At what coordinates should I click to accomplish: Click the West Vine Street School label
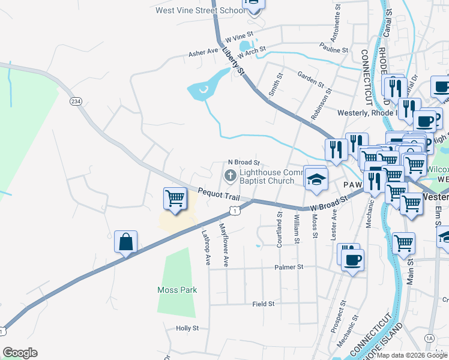[x=198, y=10]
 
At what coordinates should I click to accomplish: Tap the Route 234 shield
[x=76, y=101]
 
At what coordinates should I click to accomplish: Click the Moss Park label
[x=177, y=290]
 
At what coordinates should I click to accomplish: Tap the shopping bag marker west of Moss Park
[x=126, y=242]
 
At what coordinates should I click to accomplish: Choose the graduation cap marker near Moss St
[x=316, y=178]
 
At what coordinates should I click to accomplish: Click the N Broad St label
[x=243, y=163]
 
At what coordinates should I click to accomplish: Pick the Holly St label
[x=187, y=328]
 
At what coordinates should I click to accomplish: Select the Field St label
[x=263, y=304]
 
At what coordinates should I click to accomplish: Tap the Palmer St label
[x=289, y=267]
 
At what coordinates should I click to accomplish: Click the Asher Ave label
[x=203, y=52]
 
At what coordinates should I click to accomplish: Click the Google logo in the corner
[x=20, y=352]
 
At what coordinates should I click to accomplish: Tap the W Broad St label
[x=329, y=203]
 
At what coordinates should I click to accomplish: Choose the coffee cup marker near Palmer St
[x=352, y=260]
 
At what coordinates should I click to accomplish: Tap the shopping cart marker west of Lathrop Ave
[x=175, y=199]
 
